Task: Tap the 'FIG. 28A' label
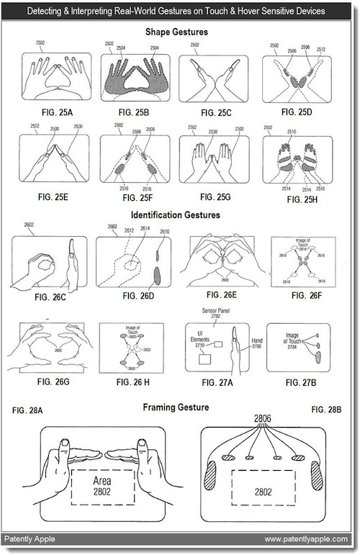28,410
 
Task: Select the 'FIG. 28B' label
328,410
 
